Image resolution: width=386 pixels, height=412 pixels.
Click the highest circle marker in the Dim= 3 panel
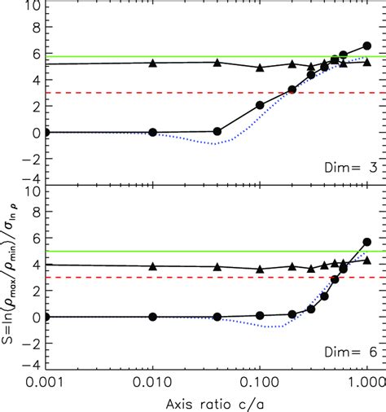tap(366, 46)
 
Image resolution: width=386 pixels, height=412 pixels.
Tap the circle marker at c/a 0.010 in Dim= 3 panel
tap(152, 132)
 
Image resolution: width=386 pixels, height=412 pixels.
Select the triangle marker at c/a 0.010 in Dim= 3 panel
tap(152, 63)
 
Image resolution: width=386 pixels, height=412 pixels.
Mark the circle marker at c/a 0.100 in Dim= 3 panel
tap(260, 105)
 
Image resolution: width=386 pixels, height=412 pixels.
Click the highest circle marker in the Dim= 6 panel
tap(366, 242)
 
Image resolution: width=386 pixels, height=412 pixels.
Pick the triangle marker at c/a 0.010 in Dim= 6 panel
tap(152, 265)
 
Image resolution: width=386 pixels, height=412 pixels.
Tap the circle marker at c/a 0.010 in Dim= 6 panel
tap(152, 317)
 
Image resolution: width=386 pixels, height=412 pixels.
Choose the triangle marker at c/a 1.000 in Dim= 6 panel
tap(366, 261)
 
